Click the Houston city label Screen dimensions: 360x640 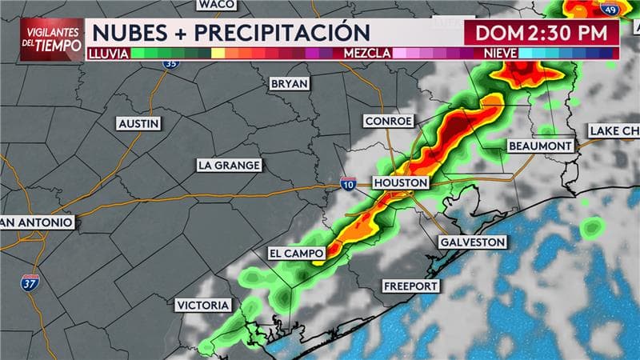point(401,183)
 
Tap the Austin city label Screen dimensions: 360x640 point(138,124)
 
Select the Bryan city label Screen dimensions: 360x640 point(290,83)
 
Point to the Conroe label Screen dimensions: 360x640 point(389,121)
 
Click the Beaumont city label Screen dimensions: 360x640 point(541,146)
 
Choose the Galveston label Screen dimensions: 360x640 point(473,242)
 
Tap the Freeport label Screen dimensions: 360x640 point(410,286)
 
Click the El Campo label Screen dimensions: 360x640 point(296,254)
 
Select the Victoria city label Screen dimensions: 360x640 point(203,305)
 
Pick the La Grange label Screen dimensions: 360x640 point(229,165)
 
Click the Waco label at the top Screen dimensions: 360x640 point(216,5)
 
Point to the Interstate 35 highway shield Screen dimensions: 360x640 point(171,62)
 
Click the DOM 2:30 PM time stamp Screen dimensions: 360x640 point(542,34)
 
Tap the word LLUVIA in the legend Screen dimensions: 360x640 point(108,53)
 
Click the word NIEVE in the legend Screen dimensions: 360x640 point(501,53)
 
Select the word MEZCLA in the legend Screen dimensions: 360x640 point(366,53)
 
